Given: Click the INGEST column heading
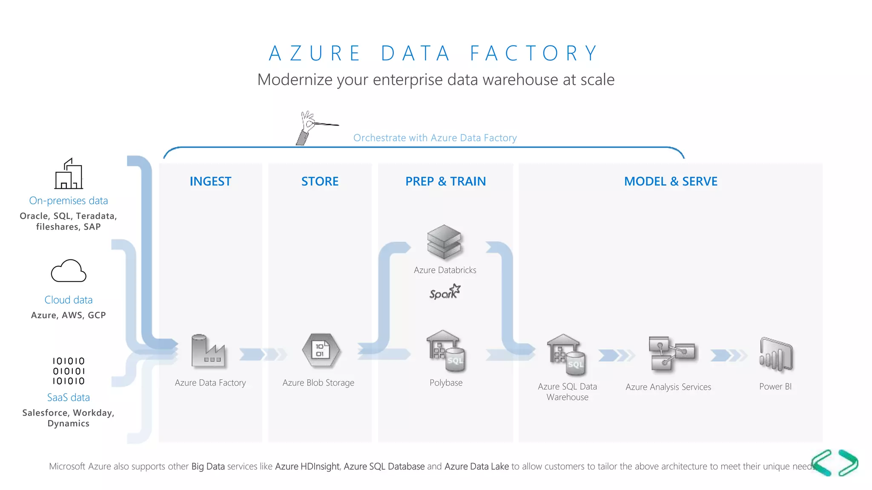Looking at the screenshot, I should pos(210,181).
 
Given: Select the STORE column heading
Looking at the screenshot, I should pos(320,181).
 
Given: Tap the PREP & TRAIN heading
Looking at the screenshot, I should pos(445,181).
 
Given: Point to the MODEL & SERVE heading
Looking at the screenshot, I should pos(671,181).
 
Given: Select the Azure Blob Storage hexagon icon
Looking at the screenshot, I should pos(321,350).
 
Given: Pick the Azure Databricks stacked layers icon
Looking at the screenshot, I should pos(444,242).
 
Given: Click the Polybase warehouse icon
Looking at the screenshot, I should pos(445,351).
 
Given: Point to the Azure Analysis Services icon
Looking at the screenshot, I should pos(671,353).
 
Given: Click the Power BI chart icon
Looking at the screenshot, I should pos(776,354).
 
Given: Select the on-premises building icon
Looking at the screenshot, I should pos(69,174).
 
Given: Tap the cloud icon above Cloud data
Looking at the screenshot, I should pos(69,271).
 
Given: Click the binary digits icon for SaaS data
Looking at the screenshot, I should pos(69,371).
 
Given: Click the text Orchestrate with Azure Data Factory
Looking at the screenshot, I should pos(435,138).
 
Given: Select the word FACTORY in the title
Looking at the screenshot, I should pos(534,54).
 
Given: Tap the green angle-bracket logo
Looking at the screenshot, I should pos(835,462).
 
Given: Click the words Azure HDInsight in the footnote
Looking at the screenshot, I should pos(307,466).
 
